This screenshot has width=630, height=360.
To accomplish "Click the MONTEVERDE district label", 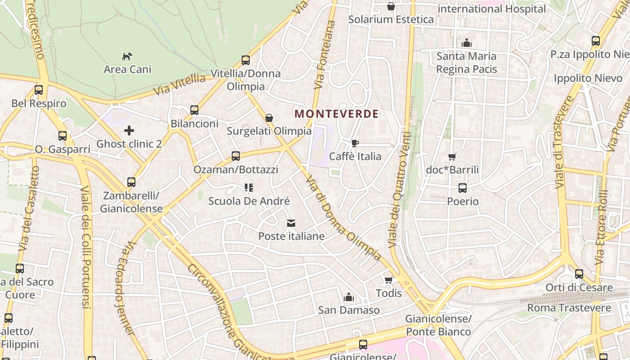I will click(337, 114).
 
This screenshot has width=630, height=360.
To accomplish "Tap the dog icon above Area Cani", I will click(127, 56).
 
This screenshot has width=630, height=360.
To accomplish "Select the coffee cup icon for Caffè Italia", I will click(355, 144).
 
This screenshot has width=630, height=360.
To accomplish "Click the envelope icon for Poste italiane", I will click(291, 223).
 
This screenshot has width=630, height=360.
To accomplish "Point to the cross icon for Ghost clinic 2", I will click(129, 131).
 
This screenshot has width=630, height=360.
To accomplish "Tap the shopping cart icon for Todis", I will click(388, 280).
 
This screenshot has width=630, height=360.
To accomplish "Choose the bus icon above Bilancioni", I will click(194, 110).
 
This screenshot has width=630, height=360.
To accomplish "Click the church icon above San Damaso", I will click(348, 297).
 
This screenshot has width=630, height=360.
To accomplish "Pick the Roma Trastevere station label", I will click(569, 308).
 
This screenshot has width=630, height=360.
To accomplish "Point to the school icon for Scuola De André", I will click(248, 188).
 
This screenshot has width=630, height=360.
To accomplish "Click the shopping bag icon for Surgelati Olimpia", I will click(269, 118).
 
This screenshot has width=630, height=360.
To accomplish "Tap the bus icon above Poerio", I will click(463, 188).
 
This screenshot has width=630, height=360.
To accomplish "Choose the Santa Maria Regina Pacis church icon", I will click(467, 43).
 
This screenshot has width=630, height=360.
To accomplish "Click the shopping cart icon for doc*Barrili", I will click(452, 157).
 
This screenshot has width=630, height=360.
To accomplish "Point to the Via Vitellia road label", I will click(180, 84).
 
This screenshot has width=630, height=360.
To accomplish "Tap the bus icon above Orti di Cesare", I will click(579, 274).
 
